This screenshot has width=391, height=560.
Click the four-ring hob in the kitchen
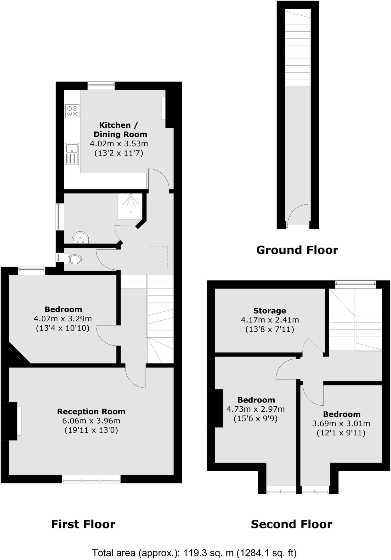point(72,111)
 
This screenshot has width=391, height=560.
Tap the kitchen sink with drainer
point(72,154)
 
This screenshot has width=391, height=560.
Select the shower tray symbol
point(130,206)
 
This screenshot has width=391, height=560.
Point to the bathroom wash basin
point(80,238)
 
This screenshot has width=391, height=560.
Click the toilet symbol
point(73,259)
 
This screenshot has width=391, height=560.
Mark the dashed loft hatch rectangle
point(159,257)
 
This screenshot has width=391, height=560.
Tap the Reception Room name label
point(91,411)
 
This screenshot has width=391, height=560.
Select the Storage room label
point(270,311)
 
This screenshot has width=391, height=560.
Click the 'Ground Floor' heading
point(297,250)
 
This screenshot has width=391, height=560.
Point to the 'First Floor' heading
point(83,524)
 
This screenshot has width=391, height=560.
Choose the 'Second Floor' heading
point(291,524)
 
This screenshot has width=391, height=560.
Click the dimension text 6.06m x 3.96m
point(91,421)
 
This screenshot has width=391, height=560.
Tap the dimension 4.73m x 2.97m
point(256,409)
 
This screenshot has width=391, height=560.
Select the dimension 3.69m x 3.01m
point(341,423)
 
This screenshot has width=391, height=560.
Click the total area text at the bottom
point(194,553)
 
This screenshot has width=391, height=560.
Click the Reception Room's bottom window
point(91,479)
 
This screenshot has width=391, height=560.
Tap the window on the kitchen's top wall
point(101,85)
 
